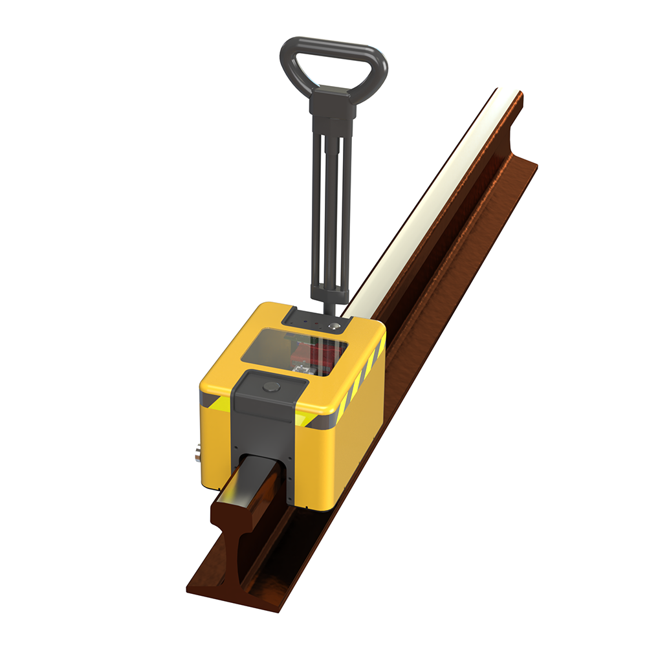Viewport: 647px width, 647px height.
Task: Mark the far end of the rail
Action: (x=511, y=97)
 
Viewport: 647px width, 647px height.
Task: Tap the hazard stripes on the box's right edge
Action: (x=369, y=375)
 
